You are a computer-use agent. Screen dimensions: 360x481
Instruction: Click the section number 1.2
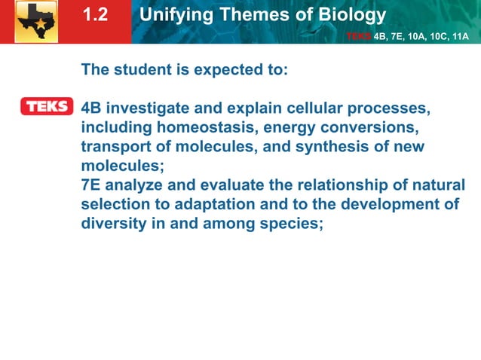tap(96, 15)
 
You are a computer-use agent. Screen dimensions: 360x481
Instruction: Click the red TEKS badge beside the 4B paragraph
tap(47, 107)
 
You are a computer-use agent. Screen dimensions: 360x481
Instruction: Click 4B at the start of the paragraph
tap(91, 108)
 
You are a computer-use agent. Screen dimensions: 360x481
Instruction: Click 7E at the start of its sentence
tap(91, 185)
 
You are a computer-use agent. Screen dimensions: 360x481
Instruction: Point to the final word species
tap(295, 224)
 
